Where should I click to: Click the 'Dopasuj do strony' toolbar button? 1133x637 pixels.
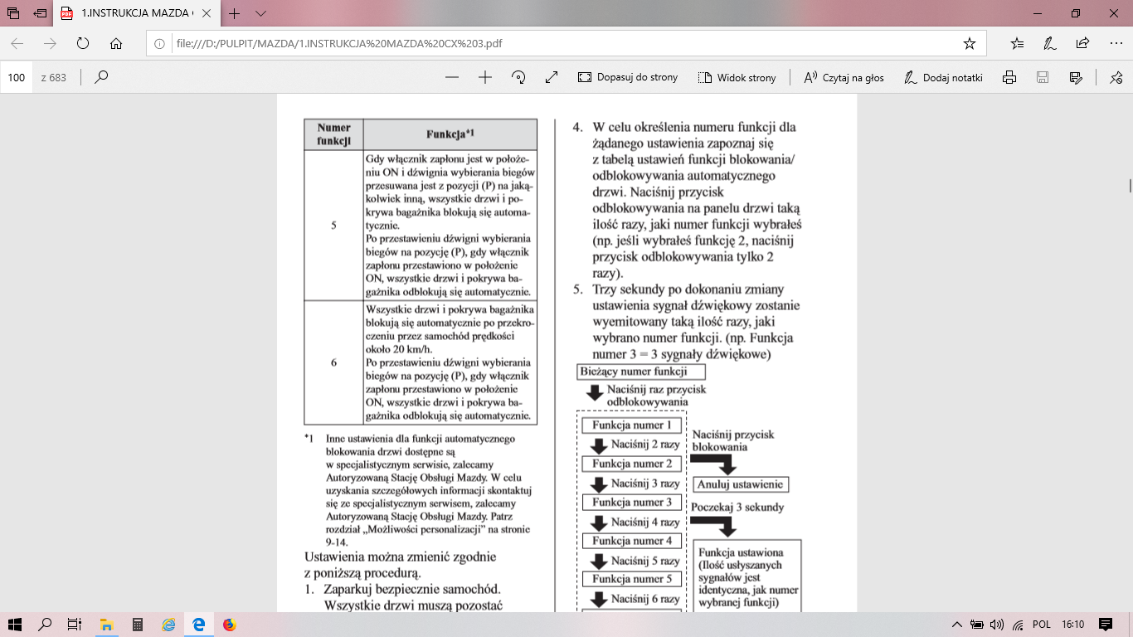click(628, 77)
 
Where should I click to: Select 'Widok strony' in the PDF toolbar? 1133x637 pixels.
click(737, 77)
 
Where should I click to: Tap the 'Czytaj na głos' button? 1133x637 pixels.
click(844, 77)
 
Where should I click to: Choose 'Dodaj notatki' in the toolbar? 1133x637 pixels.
click(944, 77)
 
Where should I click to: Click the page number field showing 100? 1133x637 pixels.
click(17, 77)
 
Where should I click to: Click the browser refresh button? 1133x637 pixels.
click(82, 43)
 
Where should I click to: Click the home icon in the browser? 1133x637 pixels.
click(116, 43)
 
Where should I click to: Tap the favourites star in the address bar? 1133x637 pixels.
click(969, 43)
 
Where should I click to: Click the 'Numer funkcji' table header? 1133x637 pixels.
click(333, 134)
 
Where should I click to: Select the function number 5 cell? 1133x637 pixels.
click(333, 225)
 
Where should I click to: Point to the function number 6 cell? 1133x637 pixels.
click(333, 362)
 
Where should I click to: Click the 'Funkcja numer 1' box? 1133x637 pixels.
click(632, 425)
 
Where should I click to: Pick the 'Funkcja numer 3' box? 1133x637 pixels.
click(632, 502)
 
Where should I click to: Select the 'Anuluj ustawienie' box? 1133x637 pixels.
click(740, 484)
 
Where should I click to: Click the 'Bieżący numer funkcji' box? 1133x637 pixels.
click(642, 372)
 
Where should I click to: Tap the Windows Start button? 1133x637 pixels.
click(14, 624)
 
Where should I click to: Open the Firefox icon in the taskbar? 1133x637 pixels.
click(230, 624)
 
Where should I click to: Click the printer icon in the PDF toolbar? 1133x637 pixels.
click(1009, 77)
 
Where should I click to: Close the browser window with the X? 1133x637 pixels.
click(1113, 13)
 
